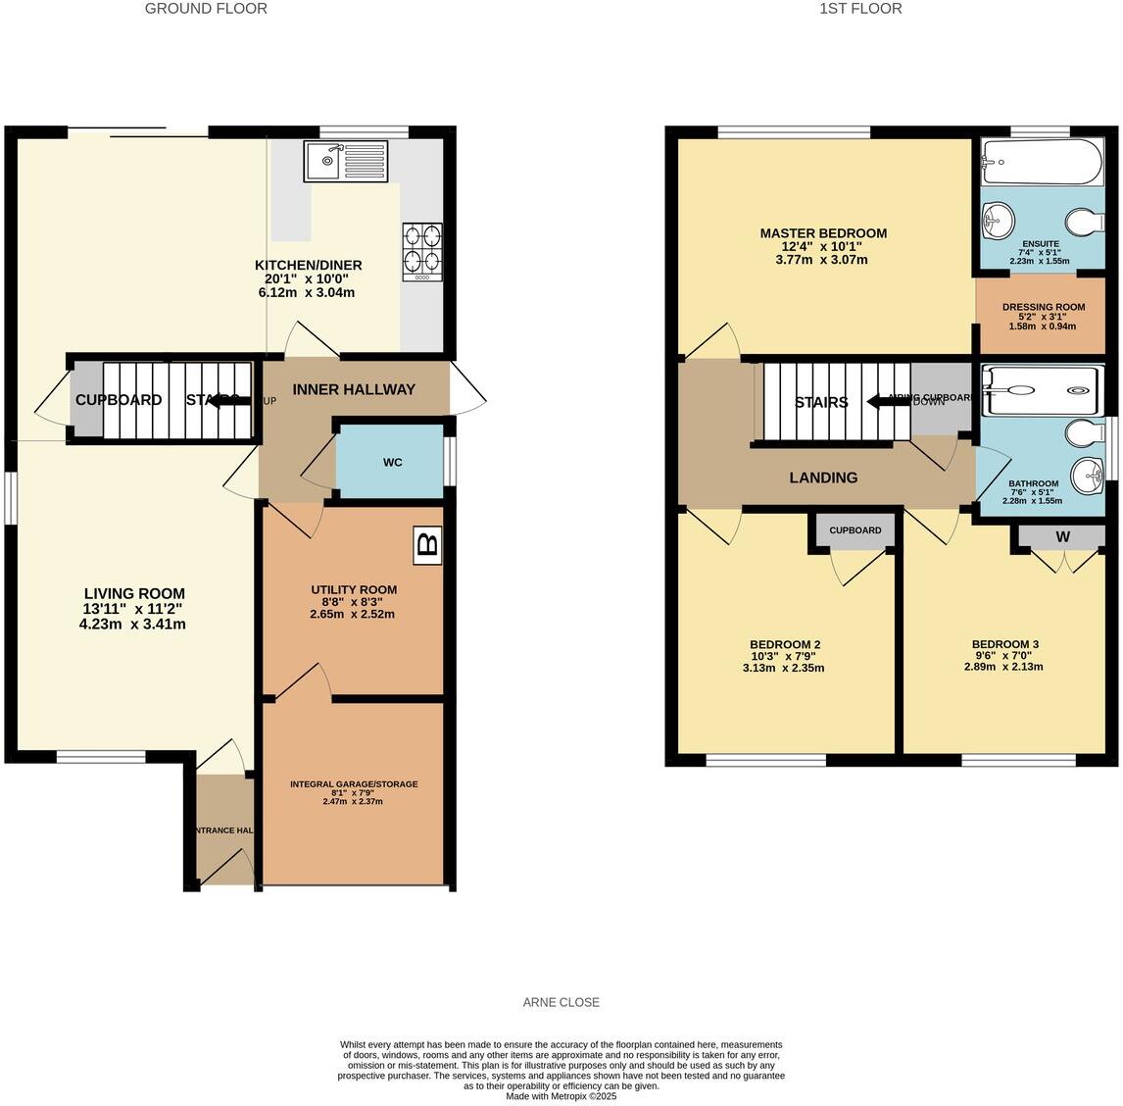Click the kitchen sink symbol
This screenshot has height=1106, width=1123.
point(347,161)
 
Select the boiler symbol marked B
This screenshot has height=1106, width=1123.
point(428,544)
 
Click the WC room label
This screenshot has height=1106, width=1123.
point(392,463)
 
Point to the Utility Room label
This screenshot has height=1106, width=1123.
point(354,589)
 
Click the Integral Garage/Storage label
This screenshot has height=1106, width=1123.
point(353,784)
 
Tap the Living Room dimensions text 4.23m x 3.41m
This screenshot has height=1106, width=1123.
point(132,624)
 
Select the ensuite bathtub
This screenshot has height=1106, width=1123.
point(1042,162)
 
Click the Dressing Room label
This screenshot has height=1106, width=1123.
point(1043,307)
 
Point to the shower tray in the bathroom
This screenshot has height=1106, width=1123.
point(1042,390)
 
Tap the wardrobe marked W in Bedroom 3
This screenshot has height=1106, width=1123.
point(1062,536)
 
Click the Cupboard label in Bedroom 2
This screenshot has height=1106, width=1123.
point(854,530)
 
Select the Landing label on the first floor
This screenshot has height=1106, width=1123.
point(823,478)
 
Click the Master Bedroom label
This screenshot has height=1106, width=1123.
point(823,233)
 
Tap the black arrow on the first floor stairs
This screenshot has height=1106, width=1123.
point(887,401)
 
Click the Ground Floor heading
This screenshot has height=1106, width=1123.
point(206,9)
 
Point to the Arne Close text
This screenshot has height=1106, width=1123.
point(561,1002)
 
